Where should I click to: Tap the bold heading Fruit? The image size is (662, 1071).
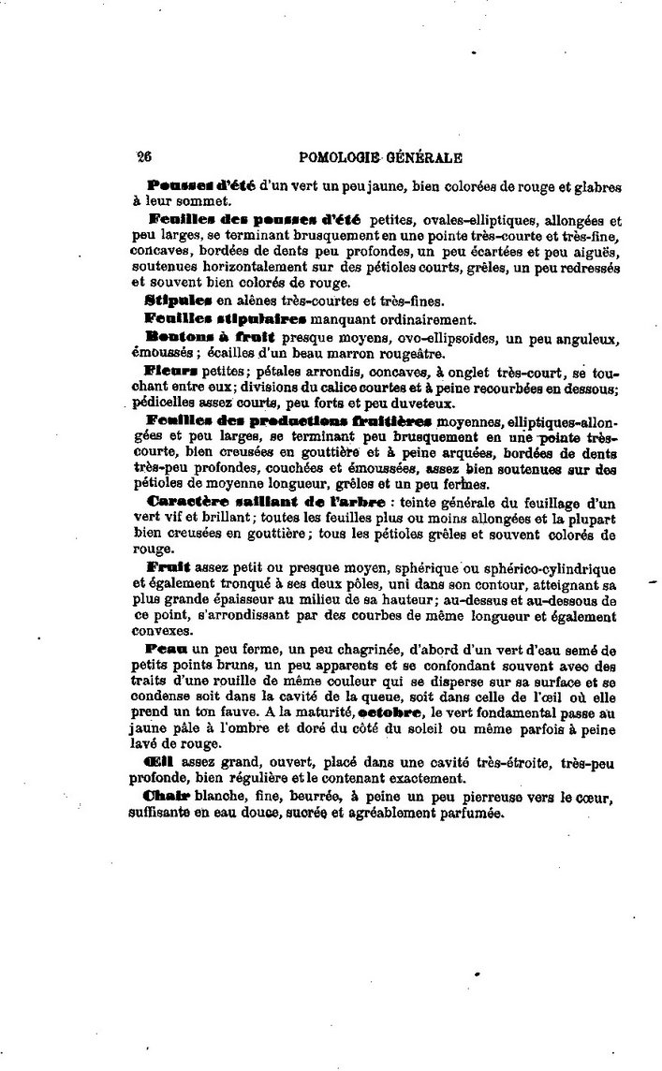(169, 568)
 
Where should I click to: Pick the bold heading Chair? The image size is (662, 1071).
(167, 797)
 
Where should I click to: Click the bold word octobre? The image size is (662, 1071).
(388, 712)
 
